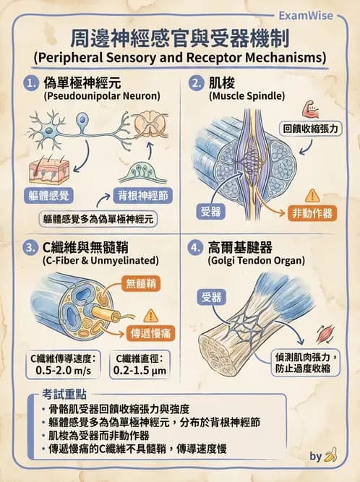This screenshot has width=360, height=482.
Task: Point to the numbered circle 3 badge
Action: click(31, 247)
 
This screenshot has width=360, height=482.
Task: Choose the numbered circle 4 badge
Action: click(195, 247)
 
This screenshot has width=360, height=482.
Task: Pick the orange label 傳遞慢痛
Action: click(148, 335)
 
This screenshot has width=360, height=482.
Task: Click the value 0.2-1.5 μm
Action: click(140, 371)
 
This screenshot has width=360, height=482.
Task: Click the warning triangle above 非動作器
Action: click(312, 195)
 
